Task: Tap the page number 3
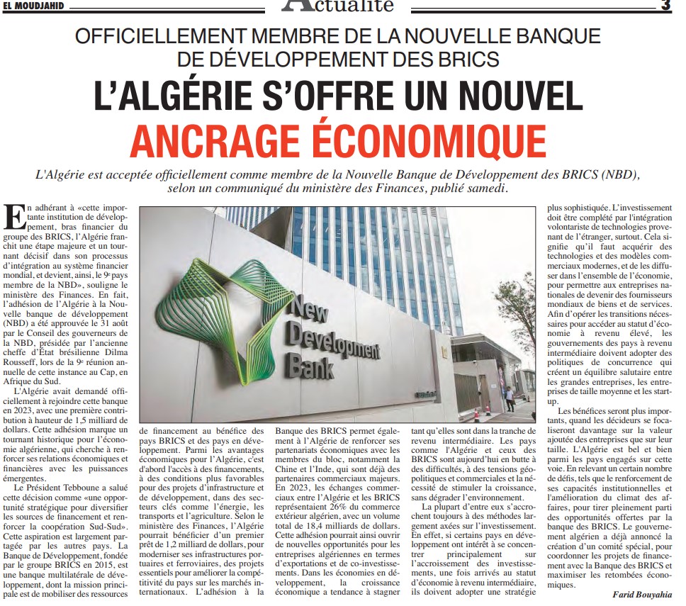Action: coord(665,6)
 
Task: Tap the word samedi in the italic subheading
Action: coord(488,189)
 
